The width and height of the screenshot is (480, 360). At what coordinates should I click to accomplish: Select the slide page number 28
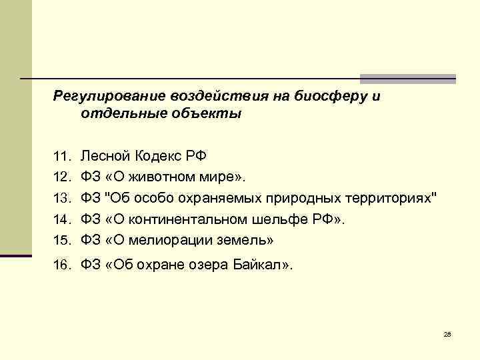(447, 333)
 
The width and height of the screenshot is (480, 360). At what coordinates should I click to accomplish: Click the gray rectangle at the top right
(408, 79)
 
